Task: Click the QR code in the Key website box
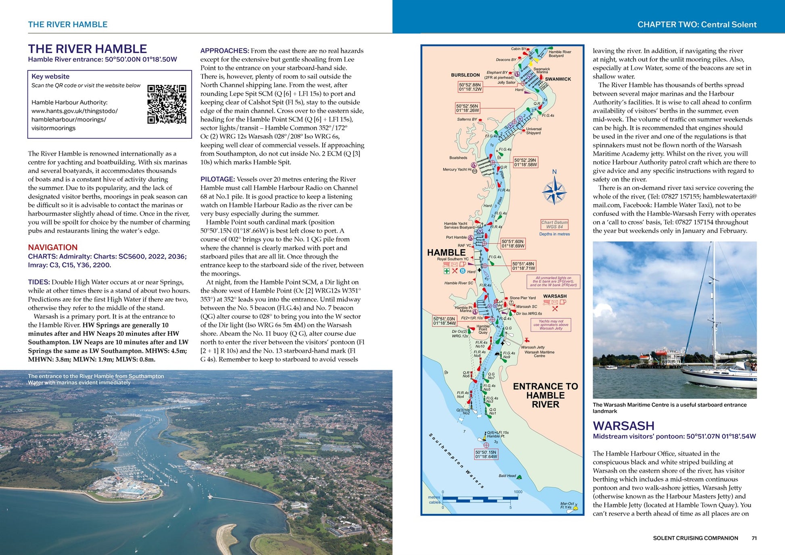tap(167, 104)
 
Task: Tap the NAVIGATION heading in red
tap(52, 247)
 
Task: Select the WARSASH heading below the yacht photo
tap(623, 426)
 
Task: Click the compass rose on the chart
tap(554, 192)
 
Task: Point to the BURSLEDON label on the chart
tap(465, 75)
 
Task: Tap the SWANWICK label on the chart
tap(558, 79)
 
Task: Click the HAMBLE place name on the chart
tap(446, 252)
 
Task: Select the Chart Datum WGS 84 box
tap(554, 225)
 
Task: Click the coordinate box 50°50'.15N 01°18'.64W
tap(486, 455)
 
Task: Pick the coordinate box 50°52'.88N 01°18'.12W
tap(470, 87)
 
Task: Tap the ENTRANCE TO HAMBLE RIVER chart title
tap(545, 395)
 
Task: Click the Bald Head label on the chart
tap(507, 476)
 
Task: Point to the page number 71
tap(754, 538)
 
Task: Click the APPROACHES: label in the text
tap(225, 51)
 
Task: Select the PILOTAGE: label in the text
tap(217, 179)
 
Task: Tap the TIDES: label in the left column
tap(39, 282)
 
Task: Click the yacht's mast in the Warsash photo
tap(713, 307)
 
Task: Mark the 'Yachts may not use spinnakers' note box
tap(551, 325)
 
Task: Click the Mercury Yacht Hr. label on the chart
tap(457, 169)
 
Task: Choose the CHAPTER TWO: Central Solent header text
tap(697, 25)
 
